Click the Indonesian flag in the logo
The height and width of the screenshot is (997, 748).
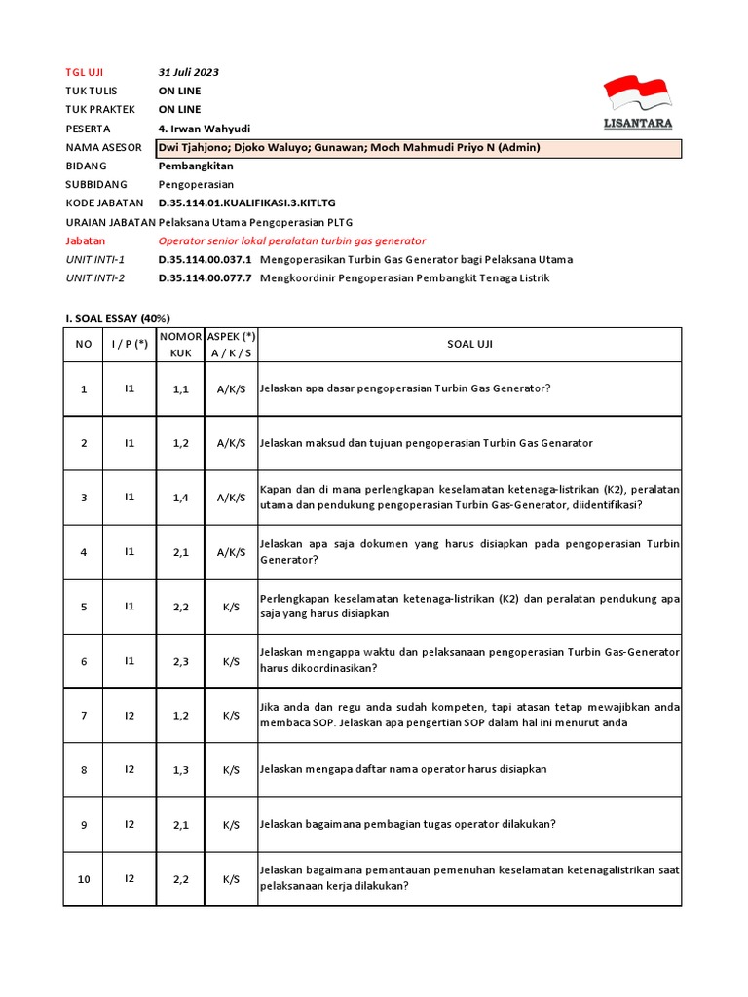pos(637,93)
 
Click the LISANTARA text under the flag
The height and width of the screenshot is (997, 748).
pos(637,124)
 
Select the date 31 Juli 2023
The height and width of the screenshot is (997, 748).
pos(189,72)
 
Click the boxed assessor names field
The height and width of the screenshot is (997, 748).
pos(419,147)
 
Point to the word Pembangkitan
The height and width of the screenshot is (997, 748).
pos(196,166)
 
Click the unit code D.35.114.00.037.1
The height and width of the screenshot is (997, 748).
pos(206,260)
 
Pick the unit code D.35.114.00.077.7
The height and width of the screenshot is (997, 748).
pos(206,278)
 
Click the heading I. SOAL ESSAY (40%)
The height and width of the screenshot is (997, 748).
pos(117,318)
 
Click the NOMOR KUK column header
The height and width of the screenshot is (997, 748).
pos(180,344)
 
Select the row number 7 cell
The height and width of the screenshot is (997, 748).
pos(84,716)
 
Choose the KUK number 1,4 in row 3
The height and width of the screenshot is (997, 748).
pos(180,498)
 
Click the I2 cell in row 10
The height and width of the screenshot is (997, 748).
pos(130,879)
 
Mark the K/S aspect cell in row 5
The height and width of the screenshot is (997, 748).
pos(231,607)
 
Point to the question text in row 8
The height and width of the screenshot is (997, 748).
pos(403,769)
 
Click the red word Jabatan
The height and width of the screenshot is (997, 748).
pos(86,240)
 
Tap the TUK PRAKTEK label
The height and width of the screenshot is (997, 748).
pos(99,109)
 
